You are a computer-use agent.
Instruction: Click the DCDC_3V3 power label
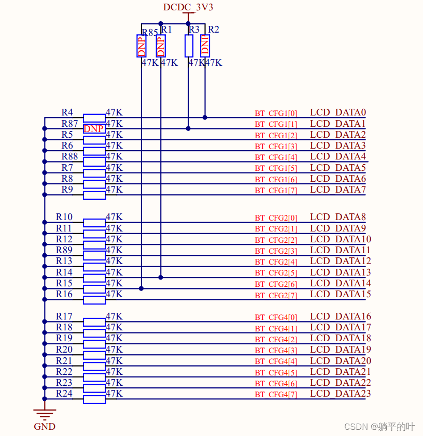click(188, 7)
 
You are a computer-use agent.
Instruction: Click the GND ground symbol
click(45, 414)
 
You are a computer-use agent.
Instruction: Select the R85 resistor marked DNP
click(141, 46)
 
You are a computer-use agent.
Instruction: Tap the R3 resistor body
click(189, 46)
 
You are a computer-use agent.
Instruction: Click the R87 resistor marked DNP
click(94, 128)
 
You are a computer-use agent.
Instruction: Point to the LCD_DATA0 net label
click(338, 112)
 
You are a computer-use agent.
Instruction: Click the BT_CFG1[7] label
click(276, 191)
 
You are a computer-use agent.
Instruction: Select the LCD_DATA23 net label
click(340, 394)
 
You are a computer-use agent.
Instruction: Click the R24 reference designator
click(64, 394)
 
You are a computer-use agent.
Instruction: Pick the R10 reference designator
click(64, 217)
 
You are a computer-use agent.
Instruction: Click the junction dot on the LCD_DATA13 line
click(161, 278)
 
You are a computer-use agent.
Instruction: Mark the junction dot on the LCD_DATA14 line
click(141, 288)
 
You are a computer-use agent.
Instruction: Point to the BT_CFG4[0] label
click(276, 317)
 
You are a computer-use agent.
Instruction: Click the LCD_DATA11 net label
click(340, 250)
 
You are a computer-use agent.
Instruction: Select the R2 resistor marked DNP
click(205, 46)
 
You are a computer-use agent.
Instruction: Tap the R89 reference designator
click(64, 250)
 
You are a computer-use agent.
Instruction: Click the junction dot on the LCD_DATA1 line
click(188, 128)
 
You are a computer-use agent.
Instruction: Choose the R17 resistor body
click(94, 322)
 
